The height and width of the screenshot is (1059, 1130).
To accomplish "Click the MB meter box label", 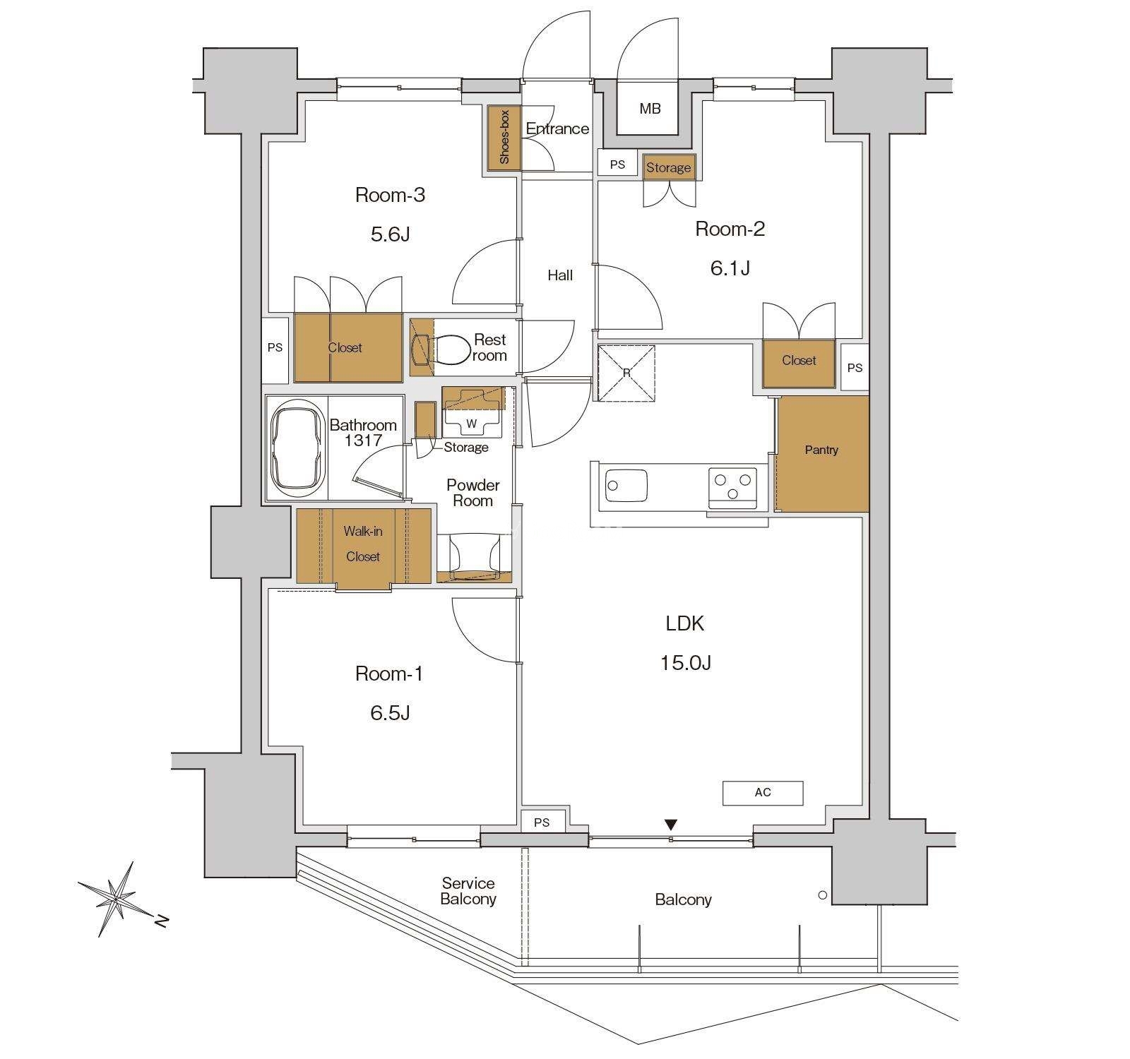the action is pos(650,109).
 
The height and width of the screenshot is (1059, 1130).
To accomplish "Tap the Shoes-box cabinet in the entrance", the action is pos(504,138).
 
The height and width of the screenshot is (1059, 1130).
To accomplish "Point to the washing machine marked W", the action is pos(472,413).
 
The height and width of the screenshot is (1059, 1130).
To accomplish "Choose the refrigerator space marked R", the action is pos(626,372).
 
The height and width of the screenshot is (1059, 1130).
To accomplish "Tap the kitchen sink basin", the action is pos(627,485).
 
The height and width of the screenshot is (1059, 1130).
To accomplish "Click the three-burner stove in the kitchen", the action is pos(733,486).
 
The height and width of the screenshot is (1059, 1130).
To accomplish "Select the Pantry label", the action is pos(821,450).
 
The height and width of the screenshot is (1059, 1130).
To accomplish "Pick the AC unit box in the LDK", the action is pos(763,793).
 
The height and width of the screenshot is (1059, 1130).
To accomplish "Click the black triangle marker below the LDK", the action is pos(671,825).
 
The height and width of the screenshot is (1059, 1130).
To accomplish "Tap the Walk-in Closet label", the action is pos(363,544).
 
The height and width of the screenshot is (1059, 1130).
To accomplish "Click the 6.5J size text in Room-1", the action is pos(390,713).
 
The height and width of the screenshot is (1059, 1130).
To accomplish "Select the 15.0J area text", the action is pos(685,662).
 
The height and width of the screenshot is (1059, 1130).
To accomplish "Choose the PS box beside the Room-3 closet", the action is pos(275,348).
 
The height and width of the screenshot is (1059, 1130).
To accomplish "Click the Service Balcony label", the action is pos(468,891).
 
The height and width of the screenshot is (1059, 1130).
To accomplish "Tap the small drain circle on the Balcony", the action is pos(822,895).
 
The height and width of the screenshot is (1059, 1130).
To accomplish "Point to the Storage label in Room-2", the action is pos(668,168).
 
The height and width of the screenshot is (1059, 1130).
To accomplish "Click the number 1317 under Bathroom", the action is pos(363,441).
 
